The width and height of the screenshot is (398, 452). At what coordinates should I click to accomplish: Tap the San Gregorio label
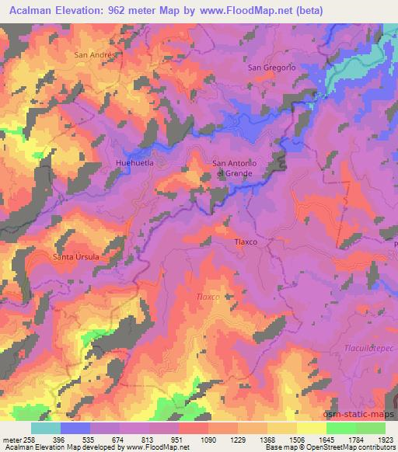point(272,68)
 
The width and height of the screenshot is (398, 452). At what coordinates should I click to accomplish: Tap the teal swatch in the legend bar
point(46,427)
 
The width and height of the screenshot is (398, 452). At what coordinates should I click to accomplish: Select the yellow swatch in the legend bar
point(311,427)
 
